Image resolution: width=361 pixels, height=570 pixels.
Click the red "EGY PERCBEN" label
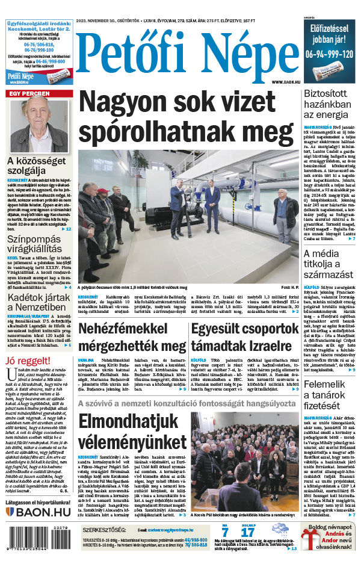pyautogui.click(x=28, y=94)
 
